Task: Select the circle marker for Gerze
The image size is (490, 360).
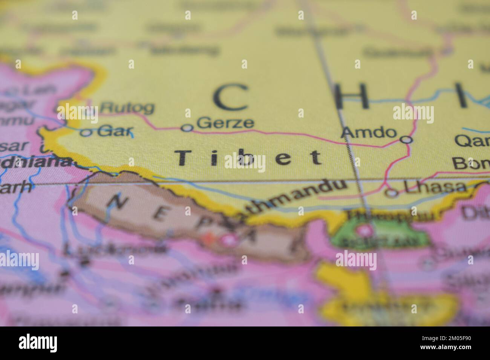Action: coord(187,128)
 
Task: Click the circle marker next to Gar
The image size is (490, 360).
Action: coord(86,133)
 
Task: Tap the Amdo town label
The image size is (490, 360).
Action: coord(369,132)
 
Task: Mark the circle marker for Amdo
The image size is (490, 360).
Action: coord(406,140)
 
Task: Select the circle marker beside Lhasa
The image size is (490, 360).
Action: coord(392,193)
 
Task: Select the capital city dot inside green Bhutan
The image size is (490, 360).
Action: coord(365,229)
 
